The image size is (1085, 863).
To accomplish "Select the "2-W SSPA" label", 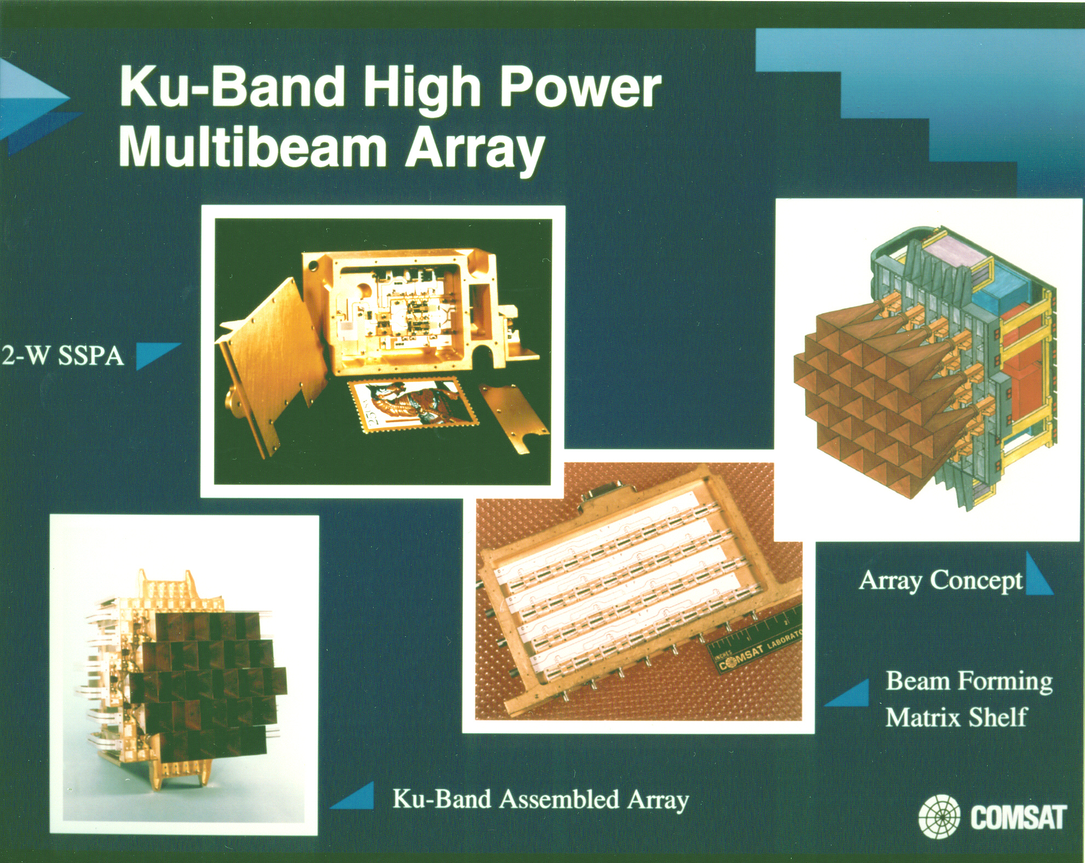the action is point(63,356).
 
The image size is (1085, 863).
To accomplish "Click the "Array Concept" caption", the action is point(940,581).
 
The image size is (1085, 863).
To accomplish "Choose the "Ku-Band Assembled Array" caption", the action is point(540,800).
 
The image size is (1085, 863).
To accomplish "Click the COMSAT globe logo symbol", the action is point(939,818).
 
